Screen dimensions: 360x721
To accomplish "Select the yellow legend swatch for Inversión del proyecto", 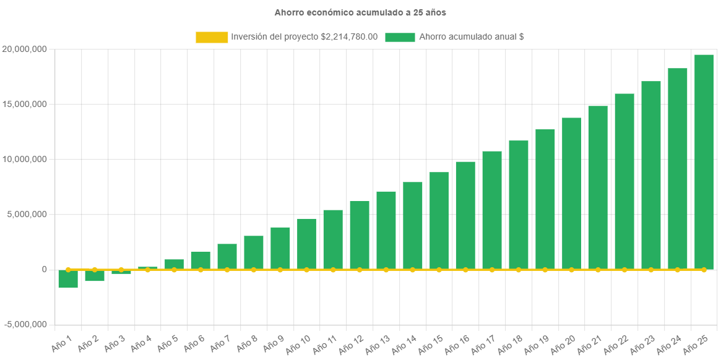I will tap(212, 37).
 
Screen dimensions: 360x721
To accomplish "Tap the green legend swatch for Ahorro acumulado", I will tap(400, 37).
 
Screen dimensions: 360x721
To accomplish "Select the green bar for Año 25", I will tap(704, 161).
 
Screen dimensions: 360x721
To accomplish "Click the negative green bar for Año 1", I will tap(68, 279).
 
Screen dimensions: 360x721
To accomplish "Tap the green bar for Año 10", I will tap(306, 244).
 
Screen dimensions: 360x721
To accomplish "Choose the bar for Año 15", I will tap(439, 220).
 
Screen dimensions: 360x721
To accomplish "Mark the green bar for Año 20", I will tap(571, 193).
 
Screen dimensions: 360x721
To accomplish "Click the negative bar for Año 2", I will tap(95, 276).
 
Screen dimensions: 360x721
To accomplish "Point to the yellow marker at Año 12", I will tap(360, 270).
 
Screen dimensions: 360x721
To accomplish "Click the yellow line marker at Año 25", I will tap(704, 270).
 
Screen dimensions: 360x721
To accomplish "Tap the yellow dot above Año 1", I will tap(68, 270).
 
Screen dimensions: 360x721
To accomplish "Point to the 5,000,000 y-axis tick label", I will tap(27, 214).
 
